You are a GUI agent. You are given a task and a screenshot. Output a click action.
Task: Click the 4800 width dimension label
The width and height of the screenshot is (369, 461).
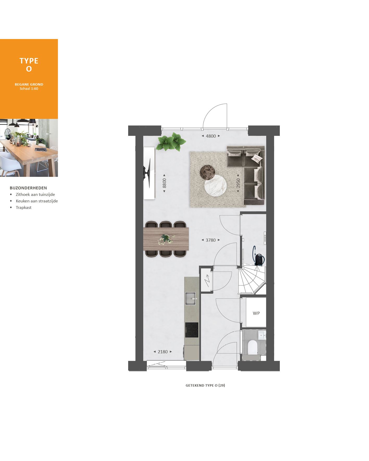(211, 136)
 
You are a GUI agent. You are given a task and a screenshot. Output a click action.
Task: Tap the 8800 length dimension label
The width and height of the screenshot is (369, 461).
(164, 183)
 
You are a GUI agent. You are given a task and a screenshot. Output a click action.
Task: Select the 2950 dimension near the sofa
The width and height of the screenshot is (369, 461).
(238, 183)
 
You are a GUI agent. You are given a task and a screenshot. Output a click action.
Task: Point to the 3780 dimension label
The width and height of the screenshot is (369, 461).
(211, 240)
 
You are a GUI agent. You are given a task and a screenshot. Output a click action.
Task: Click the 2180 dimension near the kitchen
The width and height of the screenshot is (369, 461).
(163, 352)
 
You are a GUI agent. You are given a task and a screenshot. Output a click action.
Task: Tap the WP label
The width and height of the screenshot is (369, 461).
(256, 313)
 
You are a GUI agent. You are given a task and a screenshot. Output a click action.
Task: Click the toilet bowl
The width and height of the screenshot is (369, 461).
(252, 347)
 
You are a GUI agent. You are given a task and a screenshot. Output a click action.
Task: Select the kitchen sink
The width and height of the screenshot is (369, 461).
(190, 298)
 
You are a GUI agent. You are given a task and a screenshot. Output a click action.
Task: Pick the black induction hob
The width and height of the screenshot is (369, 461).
(192, 330)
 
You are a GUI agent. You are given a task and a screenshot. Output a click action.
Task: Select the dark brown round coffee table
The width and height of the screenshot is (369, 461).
(207, 172)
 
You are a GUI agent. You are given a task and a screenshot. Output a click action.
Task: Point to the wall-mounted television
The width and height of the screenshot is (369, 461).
(148, 173)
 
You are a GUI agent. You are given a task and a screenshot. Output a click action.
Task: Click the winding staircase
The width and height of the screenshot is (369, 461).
(251, 280)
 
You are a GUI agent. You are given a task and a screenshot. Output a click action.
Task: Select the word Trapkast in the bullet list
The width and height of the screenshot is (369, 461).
(24, 208)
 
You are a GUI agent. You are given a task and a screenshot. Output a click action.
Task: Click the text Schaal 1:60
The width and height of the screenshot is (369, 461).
(29, 89)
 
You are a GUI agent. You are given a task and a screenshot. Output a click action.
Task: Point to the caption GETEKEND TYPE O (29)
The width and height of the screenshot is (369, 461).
(205, 385)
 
